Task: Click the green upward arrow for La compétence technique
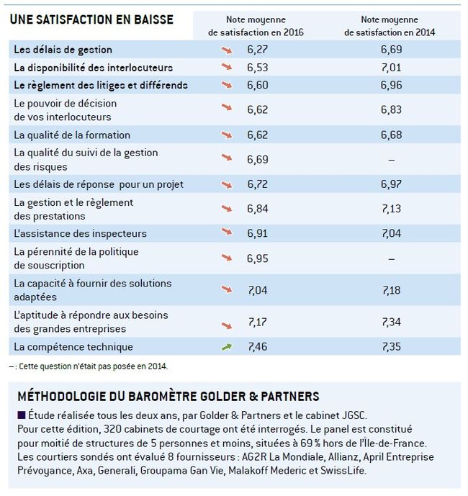[227, 347]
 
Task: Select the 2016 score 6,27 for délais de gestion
[257, 50]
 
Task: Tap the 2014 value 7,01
[391, 68]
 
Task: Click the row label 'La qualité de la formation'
[72, 135]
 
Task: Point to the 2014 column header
[390, 26]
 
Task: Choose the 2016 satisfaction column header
[256, 26]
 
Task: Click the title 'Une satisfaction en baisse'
[91, 19]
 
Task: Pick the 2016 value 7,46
[257, 347]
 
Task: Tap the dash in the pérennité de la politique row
[391, 259]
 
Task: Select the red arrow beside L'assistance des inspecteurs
[227, 232]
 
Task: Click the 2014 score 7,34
[391, 322]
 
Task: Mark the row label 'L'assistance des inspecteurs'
[80, 233]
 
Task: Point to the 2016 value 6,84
[257, 209]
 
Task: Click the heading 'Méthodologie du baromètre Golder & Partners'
[168, 397]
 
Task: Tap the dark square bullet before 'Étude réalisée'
[22, 415]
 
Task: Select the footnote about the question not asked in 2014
[89, 366]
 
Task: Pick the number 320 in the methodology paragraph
[113, 429]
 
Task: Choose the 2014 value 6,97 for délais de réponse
[391, 184]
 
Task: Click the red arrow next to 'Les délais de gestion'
[227, 50]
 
